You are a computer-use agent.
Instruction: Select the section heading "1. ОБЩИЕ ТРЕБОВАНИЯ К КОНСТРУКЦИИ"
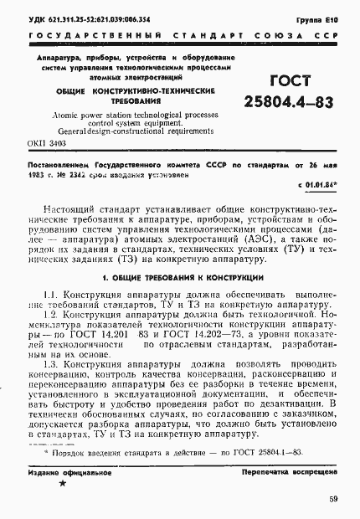182,275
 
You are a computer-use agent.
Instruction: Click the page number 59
332,500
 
